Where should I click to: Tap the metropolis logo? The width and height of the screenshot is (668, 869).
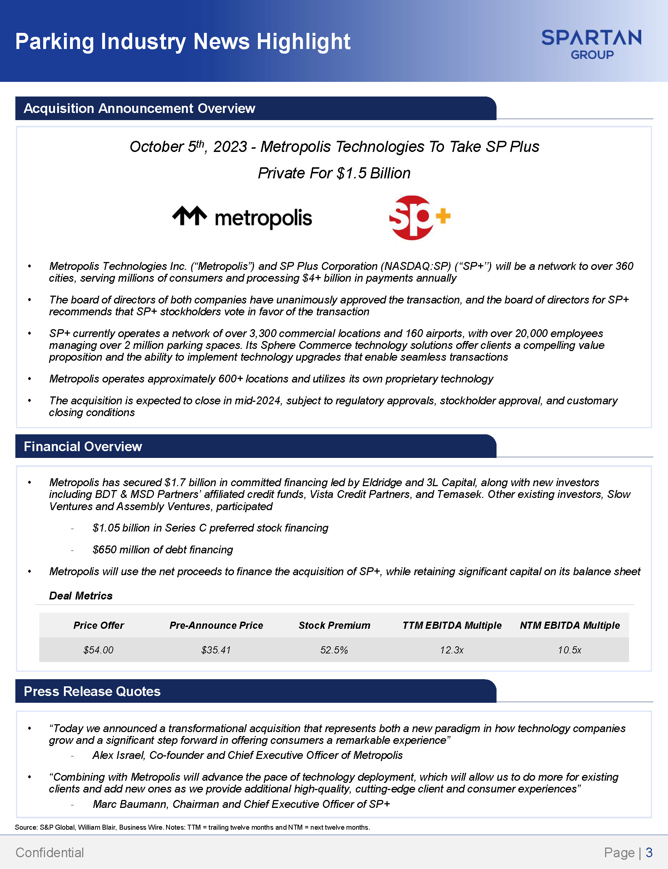coord(242,218)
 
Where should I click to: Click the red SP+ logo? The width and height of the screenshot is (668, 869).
coord(419,217)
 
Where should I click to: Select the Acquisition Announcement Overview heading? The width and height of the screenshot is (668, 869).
coord(139,108)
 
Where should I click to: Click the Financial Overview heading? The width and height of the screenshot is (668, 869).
coord(83,446)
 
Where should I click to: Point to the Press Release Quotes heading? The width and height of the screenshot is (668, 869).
coord(92,691)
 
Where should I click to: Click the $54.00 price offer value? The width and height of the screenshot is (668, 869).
coord(98,650)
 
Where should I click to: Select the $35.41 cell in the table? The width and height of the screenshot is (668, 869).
coord(216,650)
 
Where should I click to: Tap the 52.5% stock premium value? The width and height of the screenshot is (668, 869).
coord(334,650)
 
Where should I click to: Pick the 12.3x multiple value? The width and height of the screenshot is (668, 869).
coord(452,650)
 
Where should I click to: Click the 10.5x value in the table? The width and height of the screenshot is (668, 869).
coord(569,650)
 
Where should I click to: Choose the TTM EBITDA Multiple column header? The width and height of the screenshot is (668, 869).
coord(452,625)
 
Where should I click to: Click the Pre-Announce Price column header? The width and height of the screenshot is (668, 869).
coord(216,625)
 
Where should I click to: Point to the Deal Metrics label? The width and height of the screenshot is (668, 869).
coord(81,596)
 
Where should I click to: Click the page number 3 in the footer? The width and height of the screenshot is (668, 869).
coord(649,852)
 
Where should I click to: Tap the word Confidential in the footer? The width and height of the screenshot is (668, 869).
coord(50,852)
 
